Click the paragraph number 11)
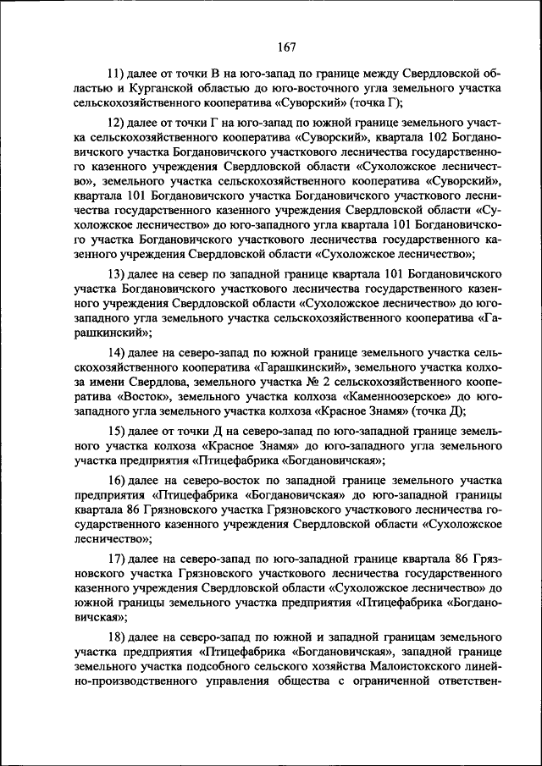(x=117, y=73)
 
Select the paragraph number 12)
(x=117, y=123)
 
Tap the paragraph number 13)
(x=117, y=274)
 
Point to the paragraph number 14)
(x=117, y=350)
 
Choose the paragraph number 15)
(x=117, y=430)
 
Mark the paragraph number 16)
(x=117, y=480)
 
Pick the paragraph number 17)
(x=117, y=560)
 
